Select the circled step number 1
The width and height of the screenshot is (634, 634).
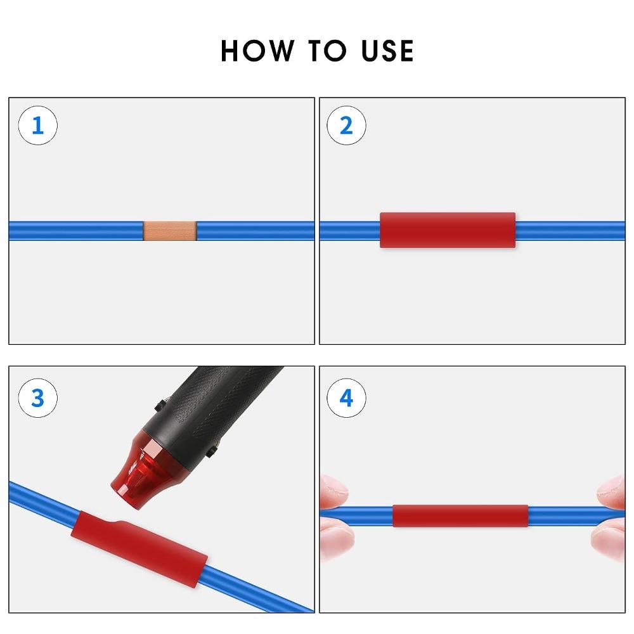(37, 126)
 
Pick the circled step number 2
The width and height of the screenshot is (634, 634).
(346, 126)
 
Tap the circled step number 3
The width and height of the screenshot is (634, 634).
(37, 398)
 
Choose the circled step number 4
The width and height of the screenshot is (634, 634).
(346, 398)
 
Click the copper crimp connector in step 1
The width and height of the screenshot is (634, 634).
(169, 231)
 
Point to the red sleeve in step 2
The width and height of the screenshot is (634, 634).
(448, 230)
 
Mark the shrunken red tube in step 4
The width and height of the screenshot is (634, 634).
(460, 516)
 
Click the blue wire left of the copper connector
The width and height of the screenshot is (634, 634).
(76, 231)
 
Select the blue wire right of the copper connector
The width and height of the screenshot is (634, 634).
(254, 231)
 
